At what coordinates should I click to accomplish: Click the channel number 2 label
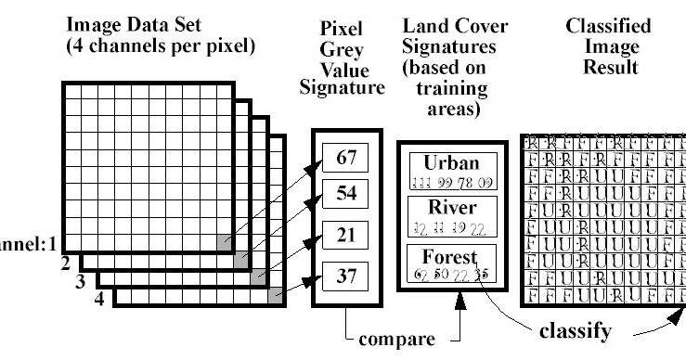pyautogui.click(x=67, y=264)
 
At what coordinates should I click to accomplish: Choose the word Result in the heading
pyautogui.click(x=609, y=68)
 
